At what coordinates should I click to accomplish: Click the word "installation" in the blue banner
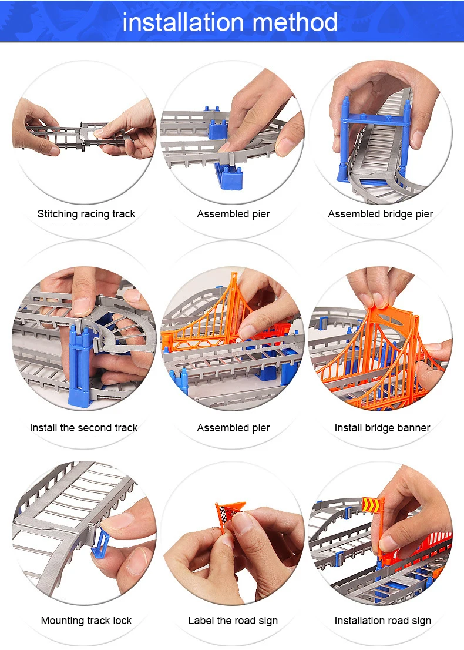point(183,22)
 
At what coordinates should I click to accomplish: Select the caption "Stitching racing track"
point(86,214)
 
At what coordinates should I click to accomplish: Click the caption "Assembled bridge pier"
point(381,214)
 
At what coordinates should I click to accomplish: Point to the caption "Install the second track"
point(83,427)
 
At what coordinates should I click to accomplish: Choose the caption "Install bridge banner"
point(382,427)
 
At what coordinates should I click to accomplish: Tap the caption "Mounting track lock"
point(86,620)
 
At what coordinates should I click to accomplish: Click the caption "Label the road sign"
point(233,620)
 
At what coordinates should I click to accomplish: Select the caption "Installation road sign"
point(383,620)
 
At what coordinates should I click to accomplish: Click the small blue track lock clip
point(100,544)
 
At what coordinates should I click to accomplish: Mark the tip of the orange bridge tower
point(234,273)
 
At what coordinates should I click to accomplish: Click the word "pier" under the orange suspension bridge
point(261,428)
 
